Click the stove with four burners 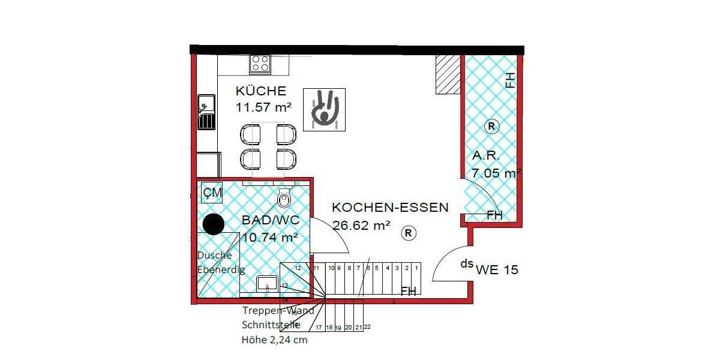coord(260,64)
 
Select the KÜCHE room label coord(260,91)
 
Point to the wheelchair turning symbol coord(324,109)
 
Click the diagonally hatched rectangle coord(448,74)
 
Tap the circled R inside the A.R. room coord(491,126)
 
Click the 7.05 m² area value coord(496,173)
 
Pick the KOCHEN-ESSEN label coord(390,208)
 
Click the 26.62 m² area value coord(361,225)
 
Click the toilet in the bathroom coord(284,197)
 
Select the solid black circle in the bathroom coord(212,224)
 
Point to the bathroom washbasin coord(268,284)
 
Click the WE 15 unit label coord(497,270)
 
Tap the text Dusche coord(214,255)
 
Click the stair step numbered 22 coord(367,327)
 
